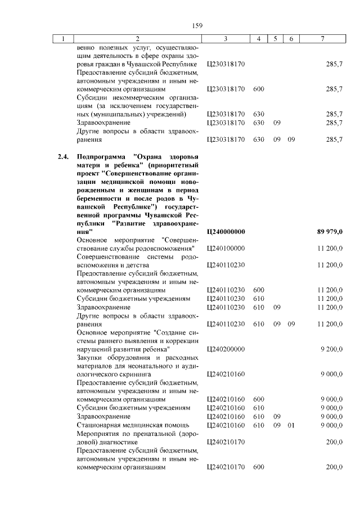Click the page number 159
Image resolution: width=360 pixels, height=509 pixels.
coord(197,25)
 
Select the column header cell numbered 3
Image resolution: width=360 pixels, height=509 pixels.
coord(225,39)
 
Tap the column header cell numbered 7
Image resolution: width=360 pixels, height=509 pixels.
coord(322,39)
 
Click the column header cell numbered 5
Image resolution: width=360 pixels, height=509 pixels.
coord(276,39)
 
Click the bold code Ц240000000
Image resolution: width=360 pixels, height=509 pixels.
coord(226,232)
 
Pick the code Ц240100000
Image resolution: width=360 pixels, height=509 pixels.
coord(226,248)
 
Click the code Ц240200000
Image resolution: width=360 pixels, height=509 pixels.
coord(226,349)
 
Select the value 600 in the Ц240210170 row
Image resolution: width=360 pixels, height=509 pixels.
coord(259,467)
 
